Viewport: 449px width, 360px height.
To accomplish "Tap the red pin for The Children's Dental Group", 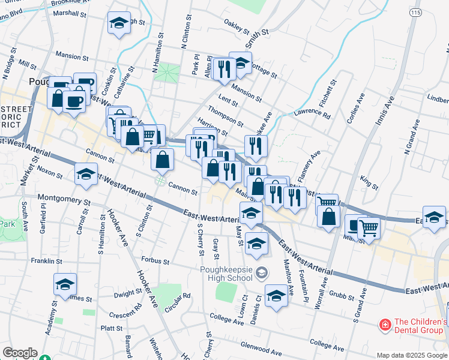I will click(x=384, y=325).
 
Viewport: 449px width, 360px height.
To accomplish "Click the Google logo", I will click(x=19, y=353).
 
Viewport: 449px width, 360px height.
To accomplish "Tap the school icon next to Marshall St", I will click(x=119, y=24).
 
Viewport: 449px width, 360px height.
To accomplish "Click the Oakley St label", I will click(x=237, y=26).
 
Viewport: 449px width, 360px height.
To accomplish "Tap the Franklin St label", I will click(x=47, y=261).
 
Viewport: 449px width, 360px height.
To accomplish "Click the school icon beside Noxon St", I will click(x=86, y=175).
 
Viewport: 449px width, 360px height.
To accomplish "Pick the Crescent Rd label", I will click(x=125, y=315).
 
